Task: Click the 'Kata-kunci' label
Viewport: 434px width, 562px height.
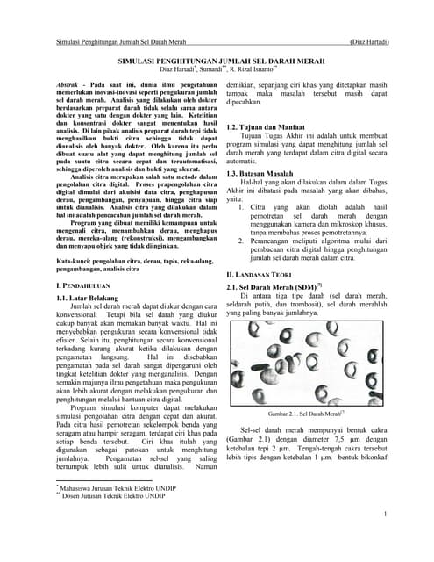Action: pos(76,263)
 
